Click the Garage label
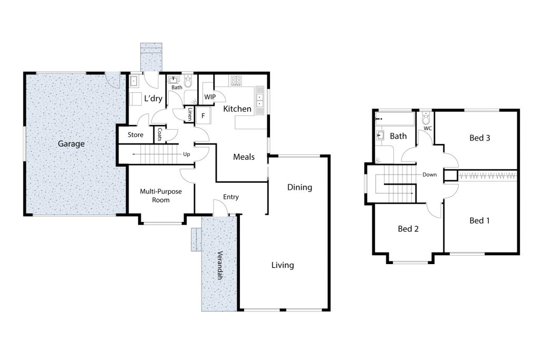coord(71,144)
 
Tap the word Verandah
coord(219,265)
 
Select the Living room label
coord(283,265)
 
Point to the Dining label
coord(300,188)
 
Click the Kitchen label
coord(237,109)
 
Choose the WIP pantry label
coord(209,97)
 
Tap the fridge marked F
coord(203,115)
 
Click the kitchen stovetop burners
coord(236,81)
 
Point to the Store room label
coord(136,135)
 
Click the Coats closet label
coord(160,134)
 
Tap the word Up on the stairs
coord(186,154)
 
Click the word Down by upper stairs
coord(429,174)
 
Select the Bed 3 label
coord(480,138)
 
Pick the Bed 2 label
coord(408,229)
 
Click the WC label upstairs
coord(428,129)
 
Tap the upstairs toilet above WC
coord(426,118)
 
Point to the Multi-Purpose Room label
coord(161,196)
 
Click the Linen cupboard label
coord(190,114)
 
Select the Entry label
coord(231,197)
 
